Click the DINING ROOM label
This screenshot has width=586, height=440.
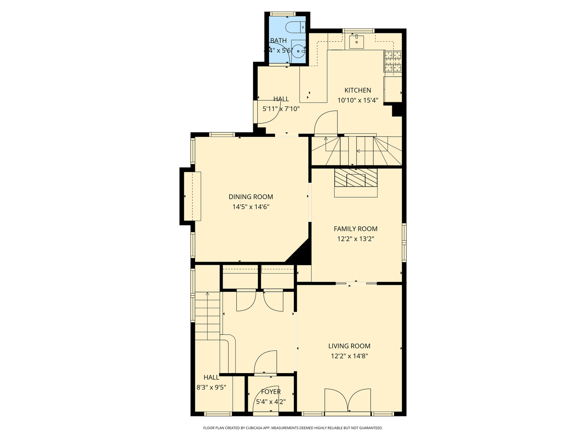251,197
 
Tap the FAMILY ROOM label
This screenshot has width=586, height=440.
355,229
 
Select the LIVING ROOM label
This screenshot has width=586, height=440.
349,346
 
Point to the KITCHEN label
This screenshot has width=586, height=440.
358,90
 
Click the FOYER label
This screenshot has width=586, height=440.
271,392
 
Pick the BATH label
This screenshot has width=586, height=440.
278,41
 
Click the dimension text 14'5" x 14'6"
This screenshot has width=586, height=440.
251,207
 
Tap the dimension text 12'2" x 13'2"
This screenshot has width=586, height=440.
355,239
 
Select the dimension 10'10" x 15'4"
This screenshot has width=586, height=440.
358,100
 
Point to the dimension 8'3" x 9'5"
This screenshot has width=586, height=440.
211,388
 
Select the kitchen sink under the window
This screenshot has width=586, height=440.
357,41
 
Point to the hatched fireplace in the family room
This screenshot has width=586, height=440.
356,178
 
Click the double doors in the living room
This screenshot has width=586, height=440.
348,401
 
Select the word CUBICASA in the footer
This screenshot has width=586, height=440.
253,428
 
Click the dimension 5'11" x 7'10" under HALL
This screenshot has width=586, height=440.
281,109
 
